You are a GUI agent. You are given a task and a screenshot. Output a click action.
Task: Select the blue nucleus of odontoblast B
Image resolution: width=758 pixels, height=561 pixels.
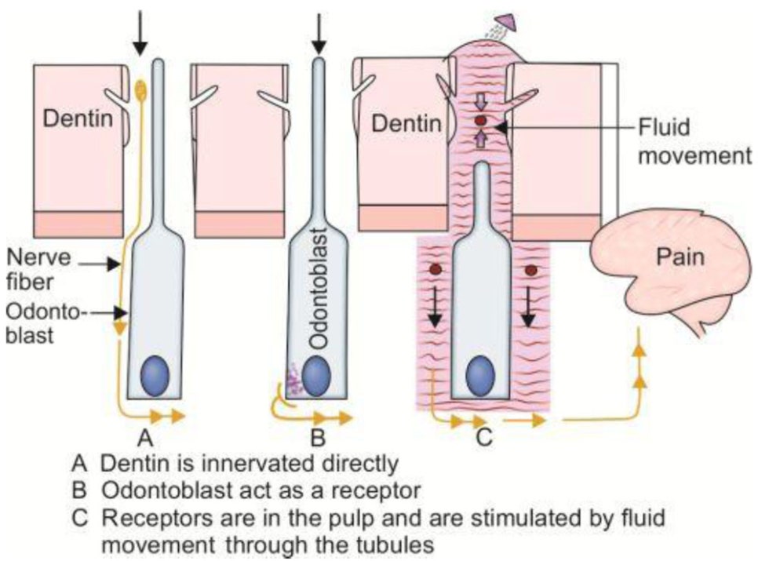click(x=315, y=375)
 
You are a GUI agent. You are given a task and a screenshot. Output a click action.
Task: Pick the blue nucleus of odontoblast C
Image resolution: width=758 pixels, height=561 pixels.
click(x=479, y=377)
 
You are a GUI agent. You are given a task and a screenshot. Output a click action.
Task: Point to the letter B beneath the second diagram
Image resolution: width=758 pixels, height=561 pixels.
click(x=317, y=436)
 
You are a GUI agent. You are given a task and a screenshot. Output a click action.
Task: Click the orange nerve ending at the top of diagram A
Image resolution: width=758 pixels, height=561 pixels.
click(x=141, y=89)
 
